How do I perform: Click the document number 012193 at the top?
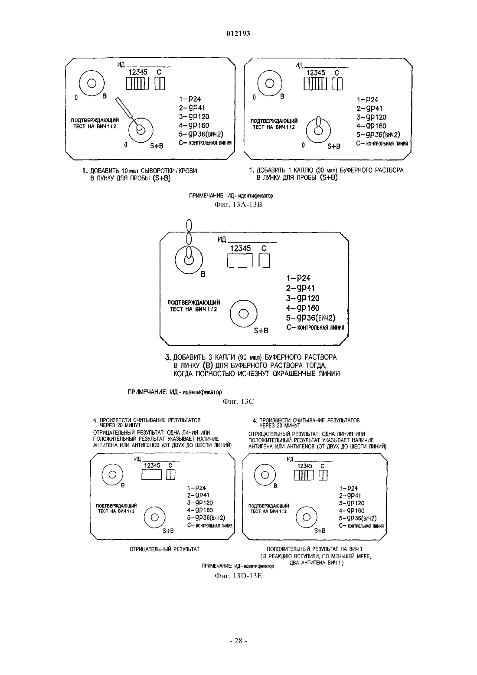(x=238, y=33)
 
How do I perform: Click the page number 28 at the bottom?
(x=238, y=641)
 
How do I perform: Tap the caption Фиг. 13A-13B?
(x=238, y=205)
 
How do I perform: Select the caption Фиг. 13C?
(x=238, y=401)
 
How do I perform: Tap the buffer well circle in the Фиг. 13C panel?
(x=189, y=260)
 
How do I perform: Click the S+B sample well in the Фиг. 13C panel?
(x=243, y=314)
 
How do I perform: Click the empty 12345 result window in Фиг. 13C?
(x=240, y=260)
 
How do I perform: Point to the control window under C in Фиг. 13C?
(x=265, y=260)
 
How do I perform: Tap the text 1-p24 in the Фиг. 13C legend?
(x=298, y=278)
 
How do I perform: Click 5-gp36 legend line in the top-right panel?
(x=378, y=134)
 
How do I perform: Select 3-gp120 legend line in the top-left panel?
(x=194, y=116)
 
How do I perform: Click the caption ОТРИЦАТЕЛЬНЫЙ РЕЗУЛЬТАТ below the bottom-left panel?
(x=164, y=549)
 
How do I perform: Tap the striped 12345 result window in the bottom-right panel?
(x=304, y=475)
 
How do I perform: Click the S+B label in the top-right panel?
(x=334, y=146)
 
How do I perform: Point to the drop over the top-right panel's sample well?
(x=319, y=124)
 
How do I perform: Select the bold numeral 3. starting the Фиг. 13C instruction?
(x=168, y=357)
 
